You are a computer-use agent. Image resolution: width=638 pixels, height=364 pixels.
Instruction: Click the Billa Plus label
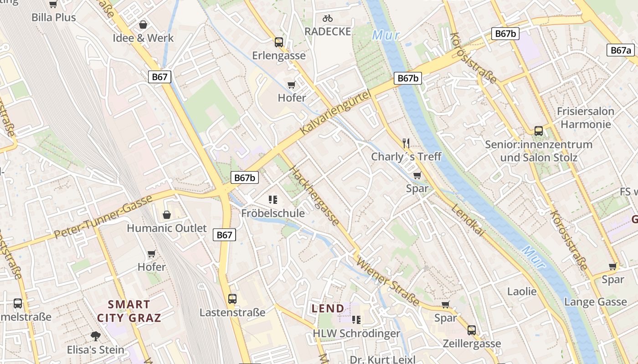coord(54,17)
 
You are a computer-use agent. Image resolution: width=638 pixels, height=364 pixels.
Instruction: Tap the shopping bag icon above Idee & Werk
coord(143,25)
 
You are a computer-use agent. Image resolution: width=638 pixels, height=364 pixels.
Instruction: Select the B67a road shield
coord(621,51)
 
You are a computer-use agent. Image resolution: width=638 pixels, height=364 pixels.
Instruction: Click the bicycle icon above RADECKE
coord(328,18)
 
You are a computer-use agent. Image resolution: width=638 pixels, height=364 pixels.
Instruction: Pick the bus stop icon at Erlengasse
coord(279,42)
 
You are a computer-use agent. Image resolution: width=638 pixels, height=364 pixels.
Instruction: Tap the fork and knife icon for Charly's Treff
coord(406,143)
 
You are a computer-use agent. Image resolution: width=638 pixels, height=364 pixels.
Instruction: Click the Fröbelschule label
coord(273,213)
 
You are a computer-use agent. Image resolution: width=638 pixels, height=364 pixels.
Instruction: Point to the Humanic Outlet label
coord(167,228)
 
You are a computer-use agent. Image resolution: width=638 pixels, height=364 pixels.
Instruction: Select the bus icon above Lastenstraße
coord(232,299)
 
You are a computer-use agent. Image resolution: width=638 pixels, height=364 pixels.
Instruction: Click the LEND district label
coord(328,308)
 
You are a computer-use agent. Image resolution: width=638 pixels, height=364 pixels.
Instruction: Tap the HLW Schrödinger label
coord(356,334)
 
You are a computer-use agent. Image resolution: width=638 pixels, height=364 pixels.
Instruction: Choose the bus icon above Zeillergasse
coord(472,330)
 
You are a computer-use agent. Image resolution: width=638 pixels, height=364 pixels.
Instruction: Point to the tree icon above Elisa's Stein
coord(96,336)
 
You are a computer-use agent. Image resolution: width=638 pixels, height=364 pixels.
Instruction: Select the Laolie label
coord(522,291)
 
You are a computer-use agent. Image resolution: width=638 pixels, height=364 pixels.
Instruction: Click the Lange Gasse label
coord(595,302)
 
